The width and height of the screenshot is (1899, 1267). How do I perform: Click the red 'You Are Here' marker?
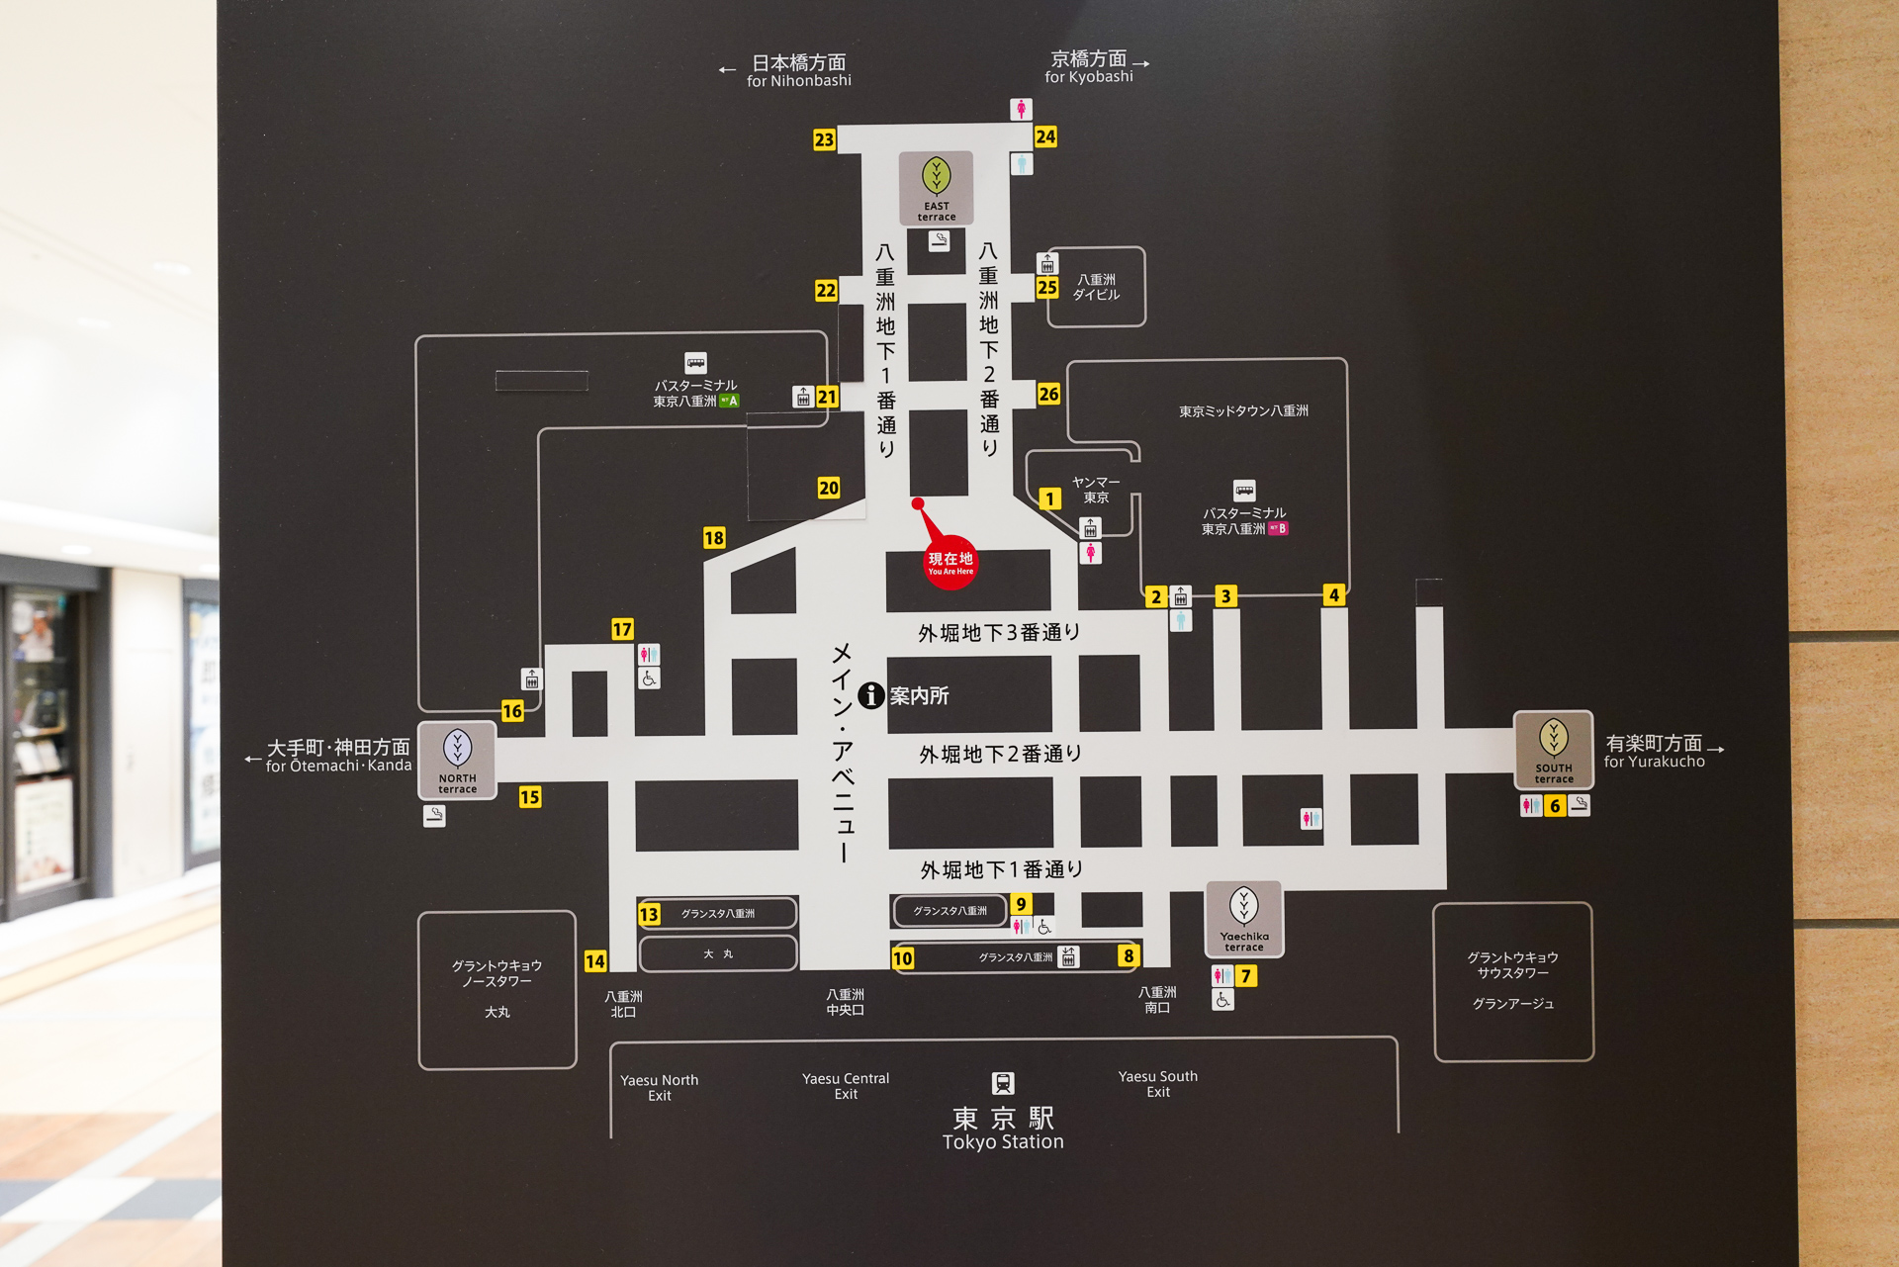[949, 562]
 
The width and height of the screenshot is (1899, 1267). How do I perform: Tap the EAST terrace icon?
[936, 188]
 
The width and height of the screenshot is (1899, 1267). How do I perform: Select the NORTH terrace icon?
[457, 760]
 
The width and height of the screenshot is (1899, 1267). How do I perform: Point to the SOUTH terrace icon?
[1554, 750]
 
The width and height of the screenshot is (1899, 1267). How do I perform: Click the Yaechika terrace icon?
[1244, 919]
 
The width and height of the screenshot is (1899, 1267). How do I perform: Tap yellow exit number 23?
[824, 139]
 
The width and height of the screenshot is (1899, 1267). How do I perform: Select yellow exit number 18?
[714, 538]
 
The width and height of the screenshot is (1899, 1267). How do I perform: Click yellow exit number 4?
[1334, 595]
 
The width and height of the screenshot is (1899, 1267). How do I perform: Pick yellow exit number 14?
[595, 961]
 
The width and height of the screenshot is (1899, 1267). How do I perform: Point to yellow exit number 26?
[1048, 394]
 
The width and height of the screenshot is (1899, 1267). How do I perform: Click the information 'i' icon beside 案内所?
[870, 695]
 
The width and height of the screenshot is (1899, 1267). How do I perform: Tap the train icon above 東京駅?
[1003, 1083]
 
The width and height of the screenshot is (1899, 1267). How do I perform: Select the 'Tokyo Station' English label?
[1003, 1141]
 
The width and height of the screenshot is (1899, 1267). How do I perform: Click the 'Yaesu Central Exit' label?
[846, 1086]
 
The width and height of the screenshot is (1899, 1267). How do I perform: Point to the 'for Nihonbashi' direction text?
[799, 81]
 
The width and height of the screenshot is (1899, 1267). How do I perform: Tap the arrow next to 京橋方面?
[1141, 63]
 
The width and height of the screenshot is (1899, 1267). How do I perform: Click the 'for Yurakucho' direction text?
[1655, 762]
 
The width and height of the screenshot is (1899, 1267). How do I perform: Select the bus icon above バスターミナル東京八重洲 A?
[696, 363]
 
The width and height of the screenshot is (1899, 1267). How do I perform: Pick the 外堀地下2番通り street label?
[1000, 754]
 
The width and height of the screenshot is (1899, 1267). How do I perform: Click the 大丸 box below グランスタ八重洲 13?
[718, 954]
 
